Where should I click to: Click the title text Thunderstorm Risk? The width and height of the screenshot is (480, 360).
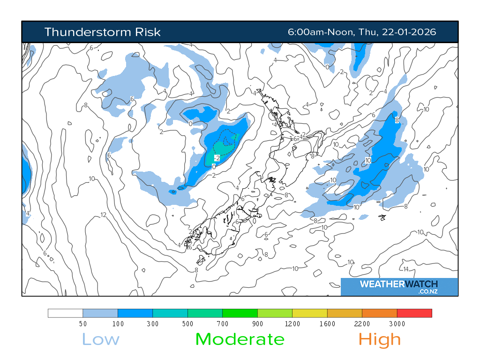point(102,32)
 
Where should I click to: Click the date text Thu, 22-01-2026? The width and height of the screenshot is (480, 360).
point(397,32)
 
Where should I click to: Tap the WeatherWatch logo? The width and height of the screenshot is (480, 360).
point(399,286)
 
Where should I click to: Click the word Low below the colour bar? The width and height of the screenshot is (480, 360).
point(101,339)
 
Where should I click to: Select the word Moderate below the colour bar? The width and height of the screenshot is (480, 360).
point(240,339)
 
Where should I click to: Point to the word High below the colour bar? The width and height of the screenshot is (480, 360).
point(380,339)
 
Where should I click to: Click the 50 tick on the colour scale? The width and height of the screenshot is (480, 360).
point(83,324)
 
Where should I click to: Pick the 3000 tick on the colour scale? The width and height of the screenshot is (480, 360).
point(397,324)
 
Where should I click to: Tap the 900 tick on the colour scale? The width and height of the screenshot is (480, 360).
point(257,324)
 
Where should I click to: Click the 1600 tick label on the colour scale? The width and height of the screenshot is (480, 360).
point(327,324)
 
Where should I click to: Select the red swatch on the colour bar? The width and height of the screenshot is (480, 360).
point(414,313)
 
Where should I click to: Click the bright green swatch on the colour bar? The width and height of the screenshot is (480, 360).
point(240,313)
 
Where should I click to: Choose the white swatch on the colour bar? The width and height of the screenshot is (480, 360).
point(66,313)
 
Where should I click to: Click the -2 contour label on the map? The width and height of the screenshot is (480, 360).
point(217,157)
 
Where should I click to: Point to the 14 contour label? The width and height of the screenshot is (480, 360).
point(406,269)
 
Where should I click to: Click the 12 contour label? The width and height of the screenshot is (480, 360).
point(104,215)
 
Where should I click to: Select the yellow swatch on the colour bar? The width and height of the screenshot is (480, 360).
point(309,313)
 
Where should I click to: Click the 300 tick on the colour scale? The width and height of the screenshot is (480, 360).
point(153,324)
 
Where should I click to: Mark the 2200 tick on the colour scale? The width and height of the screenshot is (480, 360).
point(362,324)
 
